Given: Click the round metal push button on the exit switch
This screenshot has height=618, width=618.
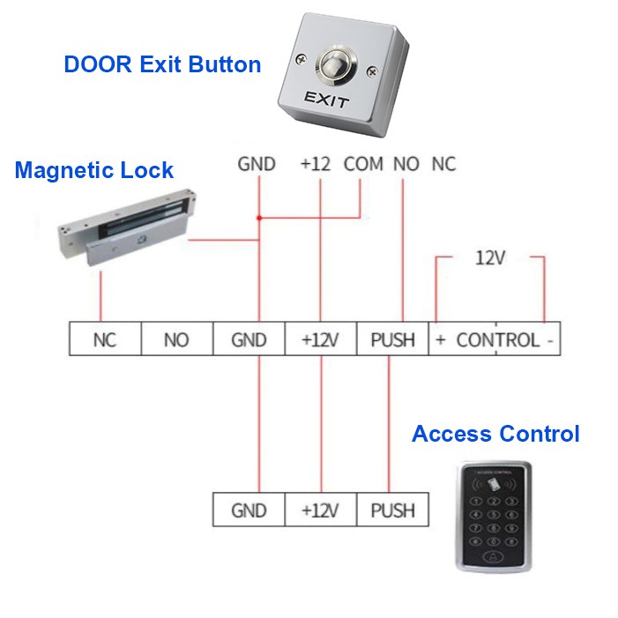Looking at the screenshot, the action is point(337,65).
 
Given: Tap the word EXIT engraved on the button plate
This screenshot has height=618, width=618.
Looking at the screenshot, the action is point(327,99).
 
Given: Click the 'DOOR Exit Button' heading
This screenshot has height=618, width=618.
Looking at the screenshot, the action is point(162,64).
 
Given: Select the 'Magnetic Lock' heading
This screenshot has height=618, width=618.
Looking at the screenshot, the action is point(93,170).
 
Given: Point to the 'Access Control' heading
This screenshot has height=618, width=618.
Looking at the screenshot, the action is point(495,434).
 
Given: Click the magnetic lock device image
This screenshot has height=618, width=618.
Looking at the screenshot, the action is point(127,227).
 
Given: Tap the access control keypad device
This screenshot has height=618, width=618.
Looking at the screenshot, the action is point(494,517).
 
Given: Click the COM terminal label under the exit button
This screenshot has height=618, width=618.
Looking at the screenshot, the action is point(363,164).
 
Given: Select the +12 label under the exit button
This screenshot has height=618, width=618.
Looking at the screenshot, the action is point(316,164).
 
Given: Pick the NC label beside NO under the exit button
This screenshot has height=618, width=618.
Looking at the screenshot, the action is point(443,164).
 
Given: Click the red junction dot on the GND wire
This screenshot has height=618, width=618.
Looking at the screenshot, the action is point(259,218).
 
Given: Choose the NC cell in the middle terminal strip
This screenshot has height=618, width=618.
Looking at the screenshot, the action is point(105,339).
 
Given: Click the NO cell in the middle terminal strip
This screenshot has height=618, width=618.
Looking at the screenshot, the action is point(177,339).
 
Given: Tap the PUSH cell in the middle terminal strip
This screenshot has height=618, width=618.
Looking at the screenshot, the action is point(392,339).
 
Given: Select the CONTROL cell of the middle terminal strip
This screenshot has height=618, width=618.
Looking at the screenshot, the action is point(495,339).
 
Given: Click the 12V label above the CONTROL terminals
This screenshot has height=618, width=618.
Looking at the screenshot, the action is point(490,258).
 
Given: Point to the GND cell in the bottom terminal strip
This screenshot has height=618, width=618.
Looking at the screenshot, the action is point(249,510).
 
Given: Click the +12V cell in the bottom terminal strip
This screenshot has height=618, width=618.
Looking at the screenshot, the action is point(320,510).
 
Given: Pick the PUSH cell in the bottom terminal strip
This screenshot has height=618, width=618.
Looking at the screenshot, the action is point(392,510).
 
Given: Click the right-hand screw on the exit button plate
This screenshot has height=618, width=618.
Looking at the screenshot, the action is point(372,71).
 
